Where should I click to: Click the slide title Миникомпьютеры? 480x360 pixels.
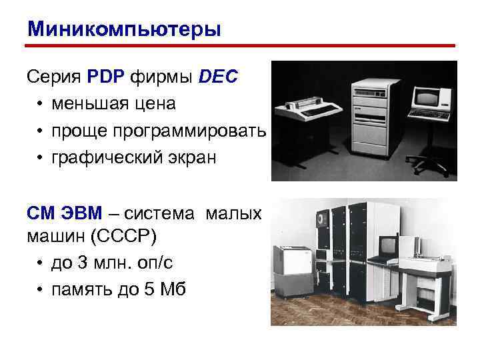coord(124,29)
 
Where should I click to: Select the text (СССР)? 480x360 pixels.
coord(121,236)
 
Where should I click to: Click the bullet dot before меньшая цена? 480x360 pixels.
coord(41,104)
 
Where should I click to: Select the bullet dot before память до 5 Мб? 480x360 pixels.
coord(41,290)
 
